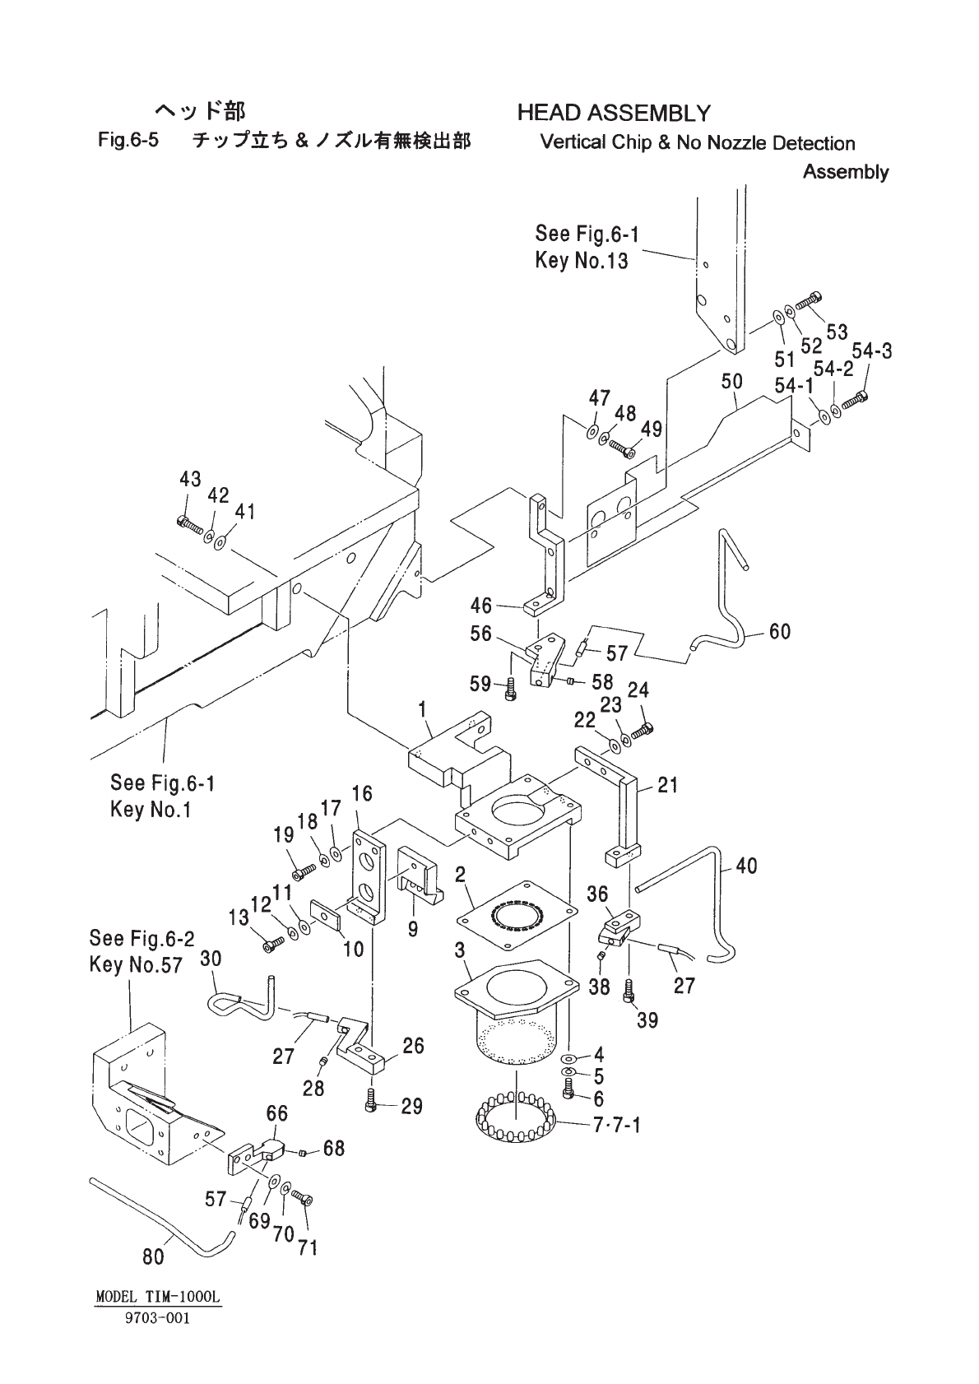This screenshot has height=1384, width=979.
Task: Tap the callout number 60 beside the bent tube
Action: point(780,631)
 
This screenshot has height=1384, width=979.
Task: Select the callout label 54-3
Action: point(872,351)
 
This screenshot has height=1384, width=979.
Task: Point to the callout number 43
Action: point(190,479)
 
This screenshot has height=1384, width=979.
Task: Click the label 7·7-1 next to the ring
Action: point(616,1125)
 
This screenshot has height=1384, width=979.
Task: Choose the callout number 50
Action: point(732,382)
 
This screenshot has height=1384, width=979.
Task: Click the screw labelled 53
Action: point(809,301)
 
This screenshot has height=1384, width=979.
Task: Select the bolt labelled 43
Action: point(190,527)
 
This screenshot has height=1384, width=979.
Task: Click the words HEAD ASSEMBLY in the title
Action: point(614,113)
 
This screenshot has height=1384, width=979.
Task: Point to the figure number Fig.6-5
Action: point(128,140)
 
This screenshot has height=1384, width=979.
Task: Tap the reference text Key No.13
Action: point(581,261)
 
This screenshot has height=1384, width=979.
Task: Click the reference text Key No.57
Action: point(136,964)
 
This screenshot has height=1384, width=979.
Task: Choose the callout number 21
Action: point(668,785)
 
